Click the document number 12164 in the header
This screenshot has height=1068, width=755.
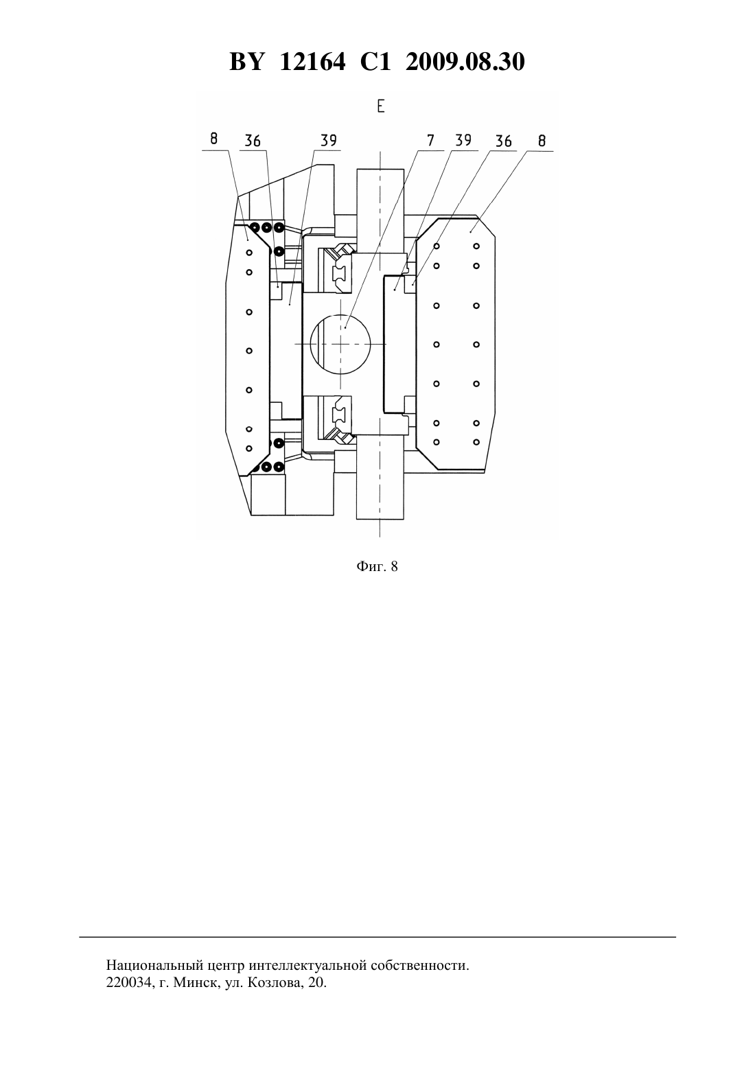click(312, 62)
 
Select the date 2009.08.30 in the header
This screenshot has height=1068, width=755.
click(465, 62)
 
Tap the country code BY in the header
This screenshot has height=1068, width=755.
click(246, 62)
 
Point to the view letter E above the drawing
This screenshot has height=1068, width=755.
click(380, 106)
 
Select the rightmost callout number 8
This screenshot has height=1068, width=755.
click(542, 141)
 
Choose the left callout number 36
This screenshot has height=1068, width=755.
click(253, 141)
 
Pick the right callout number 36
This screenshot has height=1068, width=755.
click(503, 141)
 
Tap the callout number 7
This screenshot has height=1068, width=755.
click(430, 140)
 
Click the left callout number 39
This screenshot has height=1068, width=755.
click(328, 140)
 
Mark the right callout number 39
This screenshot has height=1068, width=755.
click(463, 140)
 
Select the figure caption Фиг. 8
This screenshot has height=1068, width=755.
click(377, 566)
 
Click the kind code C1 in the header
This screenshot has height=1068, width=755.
click(375, 62)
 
